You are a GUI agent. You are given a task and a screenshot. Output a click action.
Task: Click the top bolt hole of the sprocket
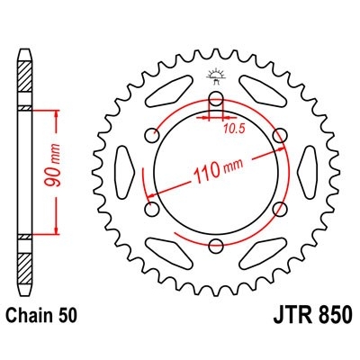[215, 100]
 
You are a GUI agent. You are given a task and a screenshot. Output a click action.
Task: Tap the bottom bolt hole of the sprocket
[215, 247]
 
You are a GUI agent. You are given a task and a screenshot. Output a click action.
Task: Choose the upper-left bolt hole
[151, 136]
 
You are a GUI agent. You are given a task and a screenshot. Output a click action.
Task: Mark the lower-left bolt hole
[151, 211]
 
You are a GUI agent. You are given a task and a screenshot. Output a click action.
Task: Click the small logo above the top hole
[215, 74]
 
